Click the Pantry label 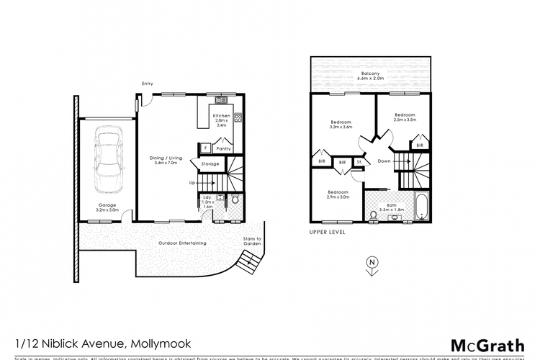pyautogui.click(x=223, y=149)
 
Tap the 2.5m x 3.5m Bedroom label pyautogui.click(x=406, y=117)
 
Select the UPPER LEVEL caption pyautogui.click(x=328, y=233)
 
